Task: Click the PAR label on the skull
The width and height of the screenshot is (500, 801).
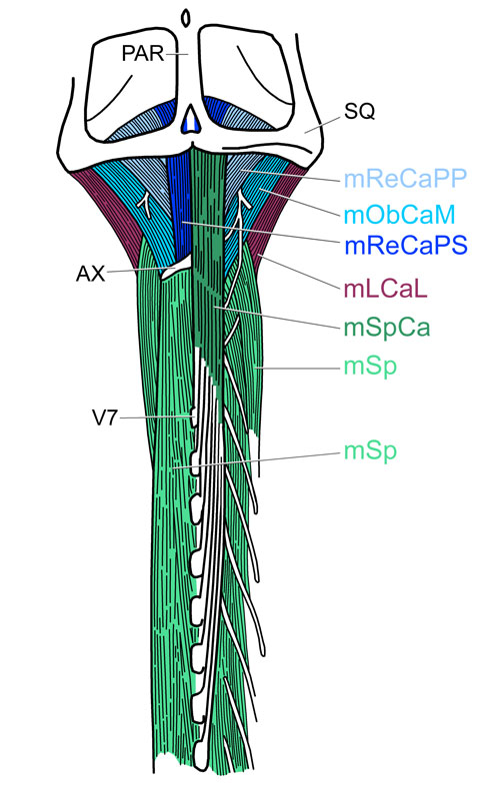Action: click(x=143, y=54)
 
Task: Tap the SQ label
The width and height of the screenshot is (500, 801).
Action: click(x=359, y=112)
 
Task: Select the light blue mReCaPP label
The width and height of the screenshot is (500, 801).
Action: click(x=405, y=178)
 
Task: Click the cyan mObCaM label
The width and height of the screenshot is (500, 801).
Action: click(x=399, y=215)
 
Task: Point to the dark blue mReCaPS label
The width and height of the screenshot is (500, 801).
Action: click(x=406, y=246)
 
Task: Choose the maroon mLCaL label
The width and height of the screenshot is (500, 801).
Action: click(x=385, y=290)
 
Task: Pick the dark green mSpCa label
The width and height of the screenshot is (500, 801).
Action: click(x=387, y=328)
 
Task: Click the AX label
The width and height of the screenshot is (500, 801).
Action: click(x=90, y=274)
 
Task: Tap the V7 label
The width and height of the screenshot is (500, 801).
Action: click(x=105, y=418)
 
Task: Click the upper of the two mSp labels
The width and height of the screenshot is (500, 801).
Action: click(x=370, y=367)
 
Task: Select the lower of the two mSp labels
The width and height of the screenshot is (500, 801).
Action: click(x=370, y=451)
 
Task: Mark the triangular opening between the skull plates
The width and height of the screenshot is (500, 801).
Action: click(x=190, y=119)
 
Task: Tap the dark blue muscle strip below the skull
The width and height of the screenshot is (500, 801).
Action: click(x=180, y=205)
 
